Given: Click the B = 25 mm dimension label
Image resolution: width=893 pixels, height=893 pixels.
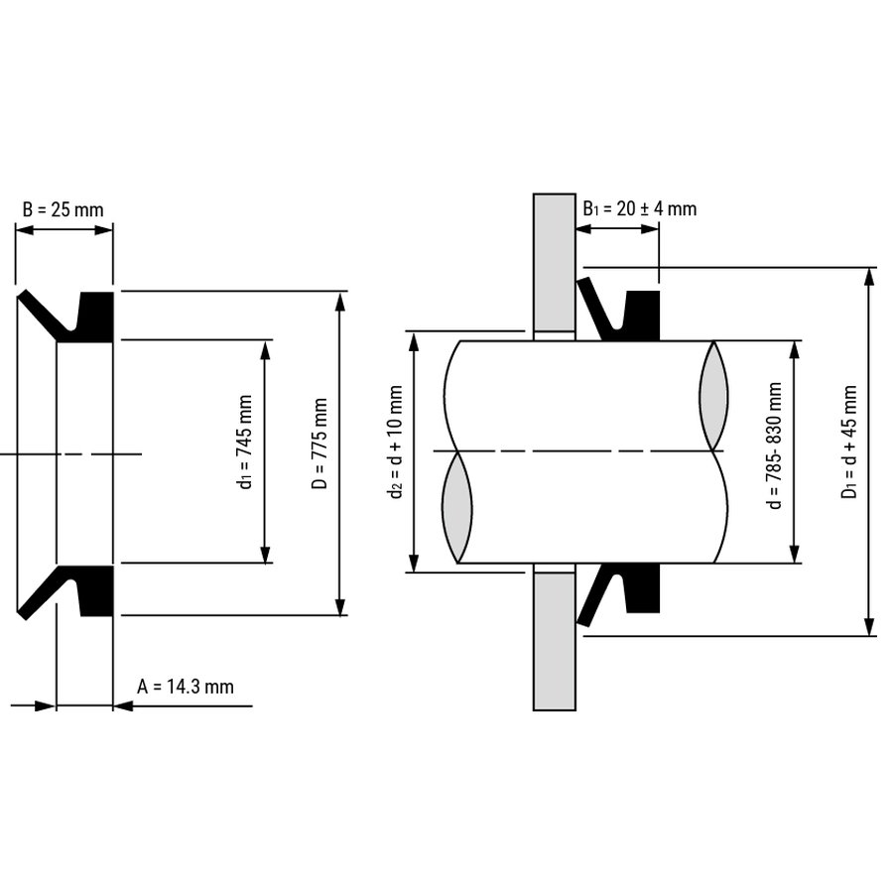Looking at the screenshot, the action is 64,209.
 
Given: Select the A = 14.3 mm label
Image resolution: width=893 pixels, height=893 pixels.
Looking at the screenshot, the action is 186,687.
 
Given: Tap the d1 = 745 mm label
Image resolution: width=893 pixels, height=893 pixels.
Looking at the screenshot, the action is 245,442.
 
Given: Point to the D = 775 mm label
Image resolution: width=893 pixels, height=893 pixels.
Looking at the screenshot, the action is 320,445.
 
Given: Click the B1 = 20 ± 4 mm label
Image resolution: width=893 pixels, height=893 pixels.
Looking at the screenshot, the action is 640,208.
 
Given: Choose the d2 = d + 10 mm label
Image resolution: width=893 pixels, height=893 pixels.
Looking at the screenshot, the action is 396,442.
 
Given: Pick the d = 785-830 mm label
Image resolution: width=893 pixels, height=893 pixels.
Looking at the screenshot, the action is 775,446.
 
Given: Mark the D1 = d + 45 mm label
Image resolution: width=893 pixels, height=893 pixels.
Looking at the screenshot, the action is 849,442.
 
